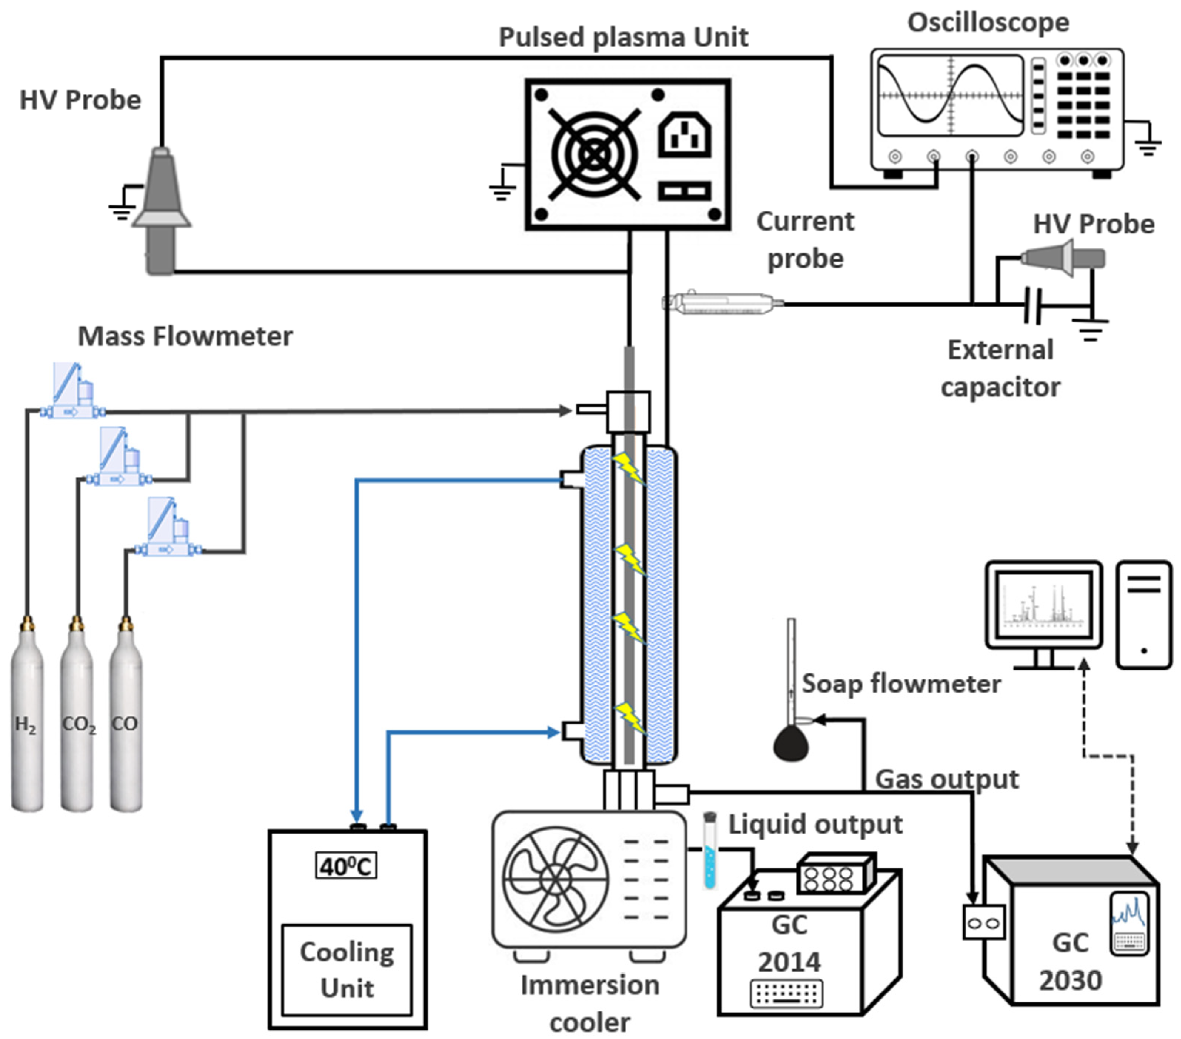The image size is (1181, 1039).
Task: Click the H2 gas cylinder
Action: [27, 722]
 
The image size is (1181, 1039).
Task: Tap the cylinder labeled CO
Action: [126, 722]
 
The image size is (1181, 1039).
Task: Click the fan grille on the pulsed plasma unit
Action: [594, 154]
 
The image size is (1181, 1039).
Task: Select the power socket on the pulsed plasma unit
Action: [685, 135]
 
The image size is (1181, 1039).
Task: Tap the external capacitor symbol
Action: [1033, 305]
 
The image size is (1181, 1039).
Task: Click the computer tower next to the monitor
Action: [1144, 615]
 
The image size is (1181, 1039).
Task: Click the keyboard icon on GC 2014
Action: [787, 993]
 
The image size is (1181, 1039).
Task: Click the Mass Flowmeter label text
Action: [185, 336]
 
